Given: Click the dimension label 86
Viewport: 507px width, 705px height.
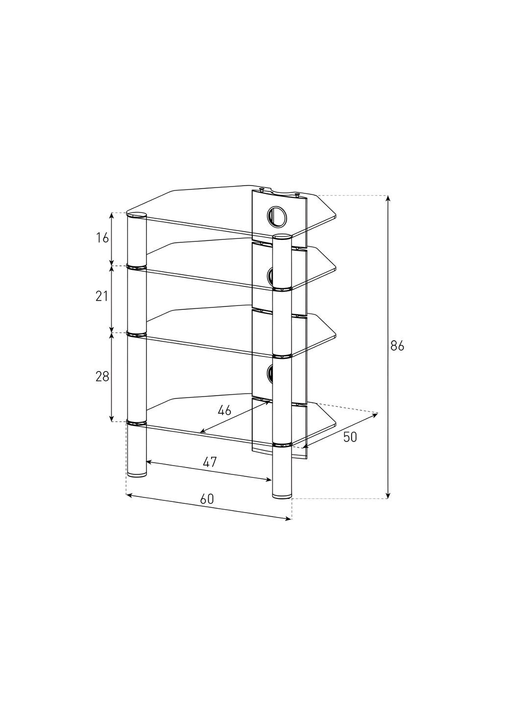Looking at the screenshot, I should (x=397, y=346).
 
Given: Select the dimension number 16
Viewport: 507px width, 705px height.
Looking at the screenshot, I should (x=102, y=238).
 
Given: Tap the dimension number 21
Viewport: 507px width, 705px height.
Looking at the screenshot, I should (x=102, y=296).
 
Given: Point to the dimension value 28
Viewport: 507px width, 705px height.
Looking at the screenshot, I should (x=102, y=376).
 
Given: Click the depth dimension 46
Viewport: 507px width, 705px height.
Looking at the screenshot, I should (x=224, y=410).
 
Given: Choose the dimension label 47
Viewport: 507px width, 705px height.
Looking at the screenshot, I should (x=210, y=462).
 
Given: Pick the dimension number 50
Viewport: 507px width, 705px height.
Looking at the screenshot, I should (x=350, y=437).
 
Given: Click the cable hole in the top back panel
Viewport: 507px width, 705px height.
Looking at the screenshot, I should (x=277, y=215).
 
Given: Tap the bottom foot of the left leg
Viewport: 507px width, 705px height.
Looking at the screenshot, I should (x=137, y=474).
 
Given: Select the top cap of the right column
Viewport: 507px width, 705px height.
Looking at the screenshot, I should (x=283, y=237).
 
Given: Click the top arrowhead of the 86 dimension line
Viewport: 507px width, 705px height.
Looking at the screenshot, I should (x=388, y=198).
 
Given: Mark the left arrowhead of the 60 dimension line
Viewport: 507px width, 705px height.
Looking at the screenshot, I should (x=129, y=495).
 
